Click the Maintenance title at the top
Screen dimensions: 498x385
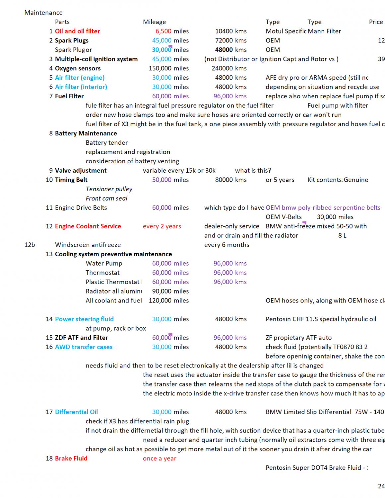[43, 13]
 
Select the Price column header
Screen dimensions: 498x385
[376, 22]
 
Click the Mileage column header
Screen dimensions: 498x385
[154, 22]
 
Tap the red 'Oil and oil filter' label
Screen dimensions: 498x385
[77, 31]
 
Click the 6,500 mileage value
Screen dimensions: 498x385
[163, 31]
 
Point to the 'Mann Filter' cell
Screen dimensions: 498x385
[324, 31]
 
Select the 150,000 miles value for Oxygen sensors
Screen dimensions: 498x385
[160, 68]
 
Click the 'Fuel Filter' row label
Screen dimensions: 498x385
[69, 96]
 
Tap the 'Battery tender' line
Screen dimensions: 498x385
[106, 143]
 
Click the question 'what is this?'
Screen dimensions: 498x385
[253, 171]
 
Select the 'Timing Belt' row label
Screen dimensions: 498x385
[71, 180]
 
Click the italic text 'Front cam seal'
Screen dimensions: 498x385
[106, 199]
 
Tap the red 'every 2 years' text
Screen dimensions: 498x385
[162, 226]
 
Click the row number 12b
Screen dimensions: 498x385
[30, 245]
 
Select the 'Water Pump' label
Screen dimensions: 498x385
[104, 264]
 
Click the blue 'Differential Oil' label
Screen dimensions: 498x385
[76, 412]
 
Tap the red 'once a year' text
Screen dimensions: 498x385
[160, 458]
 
